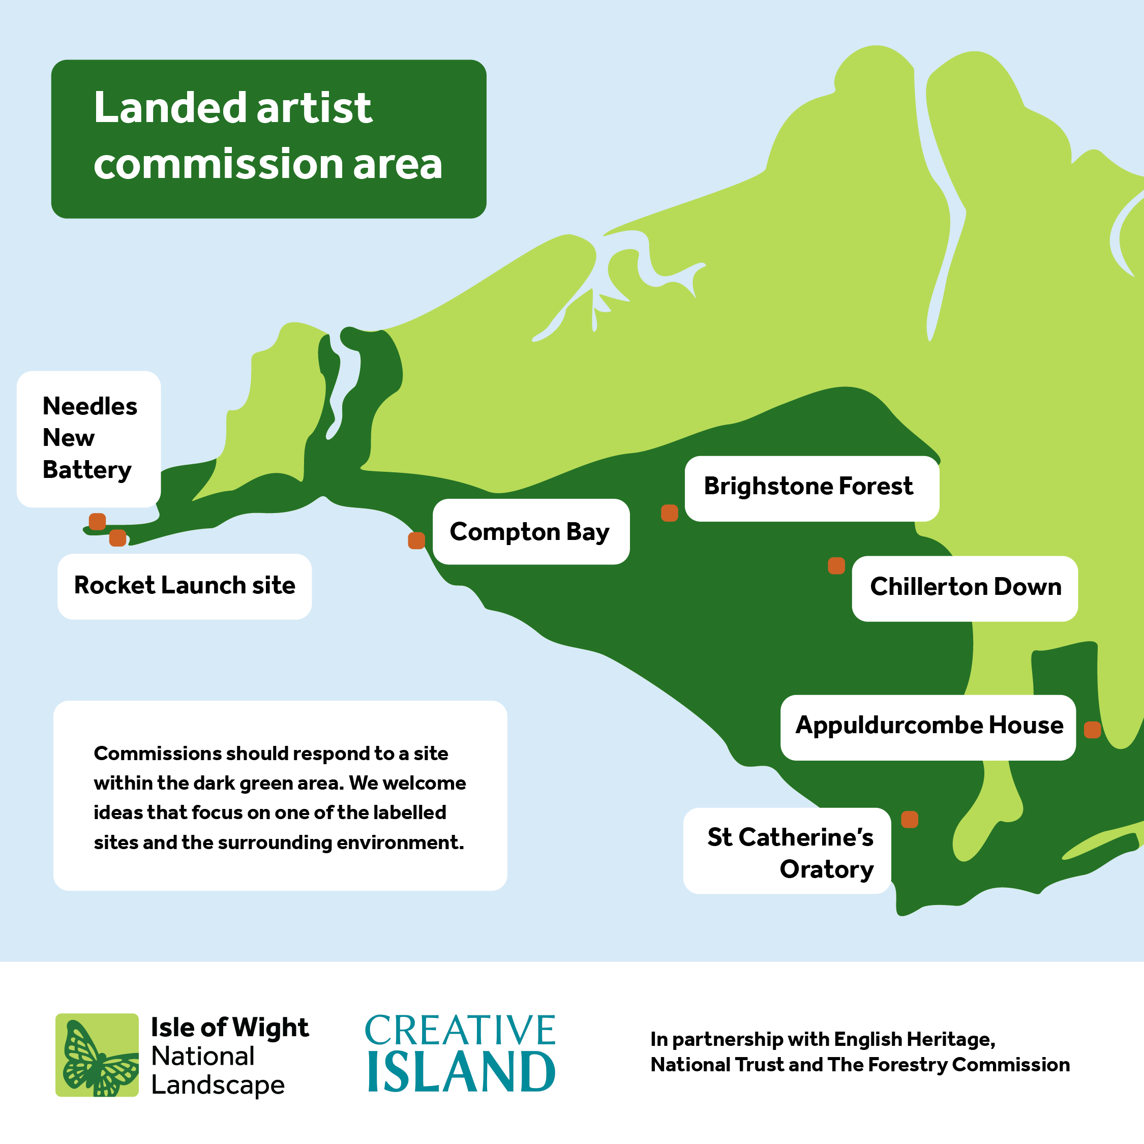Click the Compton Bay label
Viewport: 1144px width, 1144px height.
(530, 532)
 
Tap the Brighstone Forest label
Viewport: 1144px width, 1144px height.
(808, 486)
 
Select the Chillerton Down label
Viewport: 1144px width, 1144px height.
(965, 587)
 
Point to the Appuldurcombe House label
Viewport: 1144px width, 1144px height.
(928, 726)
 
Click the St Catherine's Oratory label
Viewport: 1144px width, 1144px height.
(790, 853)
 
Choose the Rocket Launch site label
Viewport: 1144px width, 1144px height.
(185, 586)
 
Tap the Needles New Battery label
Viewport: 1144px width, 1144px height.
(89, 438)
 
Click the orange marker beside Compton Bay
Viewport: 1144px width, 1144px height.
(416, 540)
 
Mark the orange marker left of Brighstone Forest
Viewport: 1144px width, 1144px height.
(669, 513)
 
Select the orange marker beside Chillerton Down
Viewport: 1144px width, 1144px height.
(836, 565)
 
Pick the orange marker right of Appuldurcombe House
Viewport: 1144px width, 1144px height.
(1092, 730)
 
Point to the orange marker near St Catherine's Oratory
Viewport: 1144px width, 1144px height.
(910, 820)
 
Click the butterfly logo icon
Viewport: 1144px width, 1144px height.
(97, 1055)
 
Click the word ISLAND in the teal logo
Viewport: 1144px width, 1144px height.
(461, 1072)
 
